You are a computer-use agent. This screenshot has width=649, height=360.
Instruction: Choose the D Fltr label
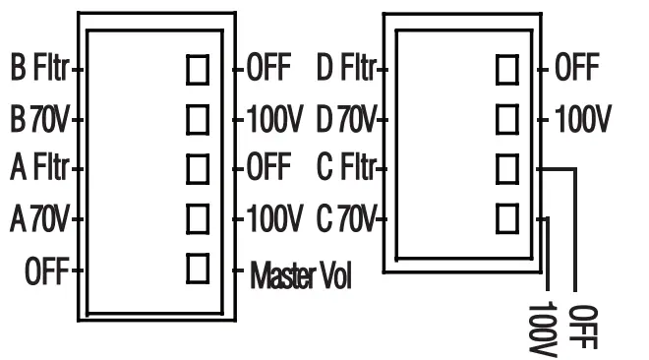pos(346,70)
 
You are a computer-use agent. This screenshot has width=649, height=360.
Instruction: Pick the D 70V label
pos(346,120)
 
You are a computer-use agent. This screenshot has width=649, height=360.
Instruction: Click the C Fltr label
pos(346,169)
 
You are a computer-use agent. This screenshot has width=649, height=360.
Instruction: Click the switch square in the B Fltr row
pos(199,70)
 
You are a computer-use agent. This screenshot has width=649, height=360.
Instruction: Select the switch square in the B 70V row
pos(199,119)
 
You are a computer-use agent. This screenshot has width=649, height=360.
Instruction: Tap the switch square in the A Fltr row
pos(199,168)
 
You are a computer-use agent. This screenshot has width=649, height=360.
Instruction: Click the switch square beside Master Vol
pos(199,267)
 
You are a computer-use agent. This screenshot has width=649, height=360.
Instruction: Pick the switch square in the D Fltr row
pos(507,70)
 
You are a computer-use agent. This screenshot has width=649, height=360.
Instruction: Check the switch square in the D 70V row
pos(507,119)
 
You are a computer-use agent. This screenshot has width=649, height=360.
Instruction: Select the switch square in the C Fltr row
pos(507,168)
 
